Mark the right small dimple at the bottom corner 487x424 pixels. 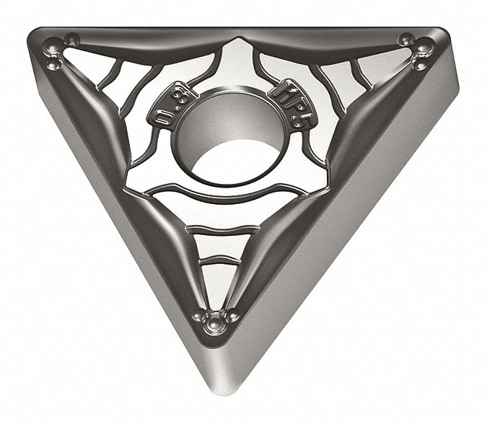click(232, 316)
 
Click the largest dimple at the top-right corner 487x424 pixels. click(424, 50)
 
